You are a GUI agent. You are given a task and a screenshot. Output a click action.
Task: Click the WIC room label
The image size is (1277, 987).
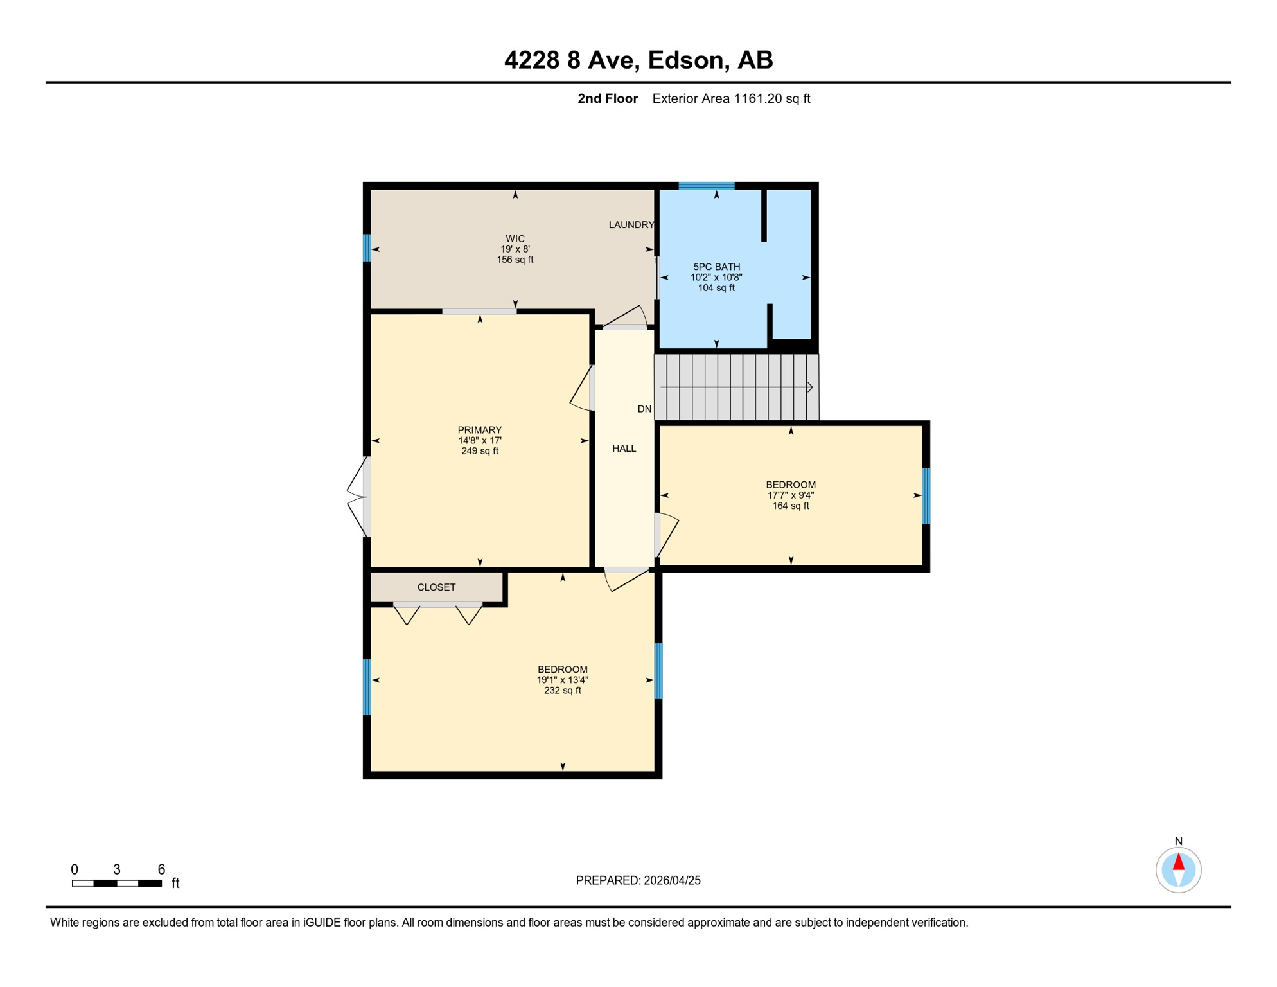515,238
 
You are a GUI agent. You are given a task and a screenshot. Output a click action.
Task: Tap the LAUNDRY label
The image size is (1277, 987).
631,225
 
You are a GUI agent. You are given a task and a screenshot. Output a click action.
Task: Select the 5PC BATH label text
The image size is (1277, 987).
716,267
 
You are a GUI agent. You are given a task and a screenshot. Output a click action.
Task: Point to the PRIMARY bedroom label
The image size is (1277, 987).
480,430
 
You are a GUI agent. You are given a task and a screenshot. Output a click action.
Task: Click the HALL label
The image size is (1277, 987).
624,449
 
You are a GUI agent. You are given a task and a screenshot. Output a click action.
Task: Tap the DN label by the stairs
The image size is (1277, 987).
644,409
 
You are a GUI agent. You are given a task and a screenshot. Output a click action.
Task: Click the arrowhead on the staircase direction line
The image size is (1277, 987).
810,387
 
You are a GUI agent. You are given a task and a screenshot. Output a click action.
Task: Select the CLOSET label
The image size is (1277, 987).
437,587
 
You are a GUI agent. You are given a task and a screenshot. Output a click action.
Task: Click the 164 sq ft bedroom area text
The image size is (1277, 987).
791,506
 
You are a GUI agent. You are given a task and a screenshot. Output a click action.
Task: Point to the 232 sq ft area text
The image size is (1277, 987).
563,691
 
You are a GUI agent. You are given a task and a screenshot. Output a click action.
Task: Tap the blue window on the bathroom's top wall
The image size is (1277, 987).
707,186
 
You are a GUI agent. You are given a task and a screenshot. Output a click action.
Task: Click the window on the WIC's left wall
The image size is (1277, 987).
367,248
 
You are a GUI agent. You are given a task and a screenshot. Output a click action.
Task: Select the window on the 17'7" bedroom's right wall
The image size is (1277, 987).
926,496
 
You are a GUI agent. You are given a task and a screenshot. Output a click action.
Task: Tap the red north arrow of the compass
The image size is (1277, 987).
1179,862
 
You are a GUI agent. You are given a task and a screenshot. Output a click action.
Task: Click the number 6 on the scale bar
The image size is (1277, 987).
161,869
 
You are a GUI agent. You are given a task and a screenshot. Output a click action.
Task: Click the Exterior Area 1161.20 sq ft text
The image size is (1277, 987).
731,98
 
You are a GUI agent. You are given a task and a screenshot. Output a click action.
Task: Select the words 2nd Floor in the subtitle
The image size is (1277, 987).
608,98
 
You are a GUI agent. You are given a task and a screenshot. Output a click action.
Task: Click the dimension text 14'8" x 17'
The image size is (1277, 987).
480,441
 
